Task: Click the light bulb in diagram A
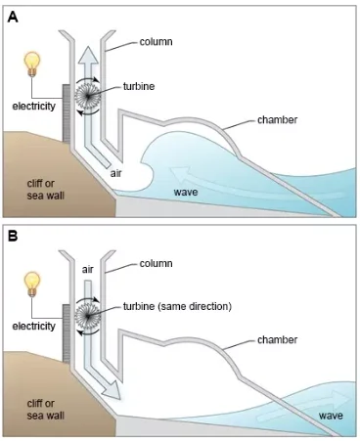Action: [32, 65]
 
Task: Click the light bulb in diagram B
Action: [32, 285]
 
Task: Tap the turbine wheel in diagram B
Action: [87, 316]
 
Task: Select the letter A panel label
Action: [13, 17]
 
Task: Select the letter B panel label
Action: [13, 236]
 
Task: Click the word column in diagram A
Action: [156, 42]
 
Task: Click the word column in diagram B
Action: [156, 263]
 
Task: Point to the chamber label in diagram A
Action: [277, 119]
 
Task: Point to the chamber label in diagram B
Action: [277, 339]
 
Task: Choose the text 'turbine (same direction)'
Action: [177, 306]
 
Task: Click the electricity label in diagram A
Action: [34, 106]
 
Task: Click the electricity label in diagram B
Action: [34, 326]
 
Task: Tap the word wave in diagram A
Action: [186, 192]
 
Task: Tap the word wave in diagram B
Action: [331, 416]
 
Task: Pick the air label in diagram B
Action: [88, 270]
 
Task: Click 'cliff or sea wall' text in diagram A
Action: [45, 190]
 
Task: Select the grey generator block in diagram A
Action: [67, 112]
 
